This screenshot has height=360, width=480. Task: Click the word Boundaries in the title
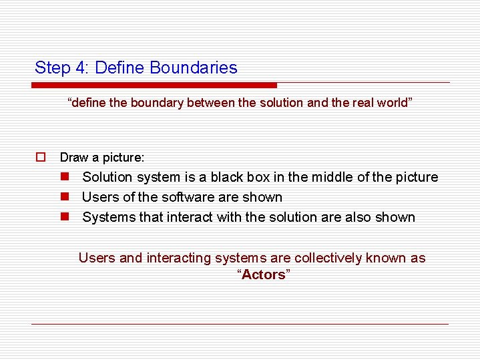[194, 67]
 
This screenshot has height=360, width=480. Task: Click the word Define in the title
[122, 67]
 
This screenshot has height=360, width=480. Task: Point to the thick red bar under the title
[154, 85]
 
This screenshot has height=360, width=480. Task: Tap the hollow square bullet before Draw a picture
[41, 158]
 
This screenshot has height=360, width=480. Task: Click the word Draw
[73, 158]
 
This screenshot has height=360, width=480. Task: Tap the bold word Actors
[264, 275]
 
